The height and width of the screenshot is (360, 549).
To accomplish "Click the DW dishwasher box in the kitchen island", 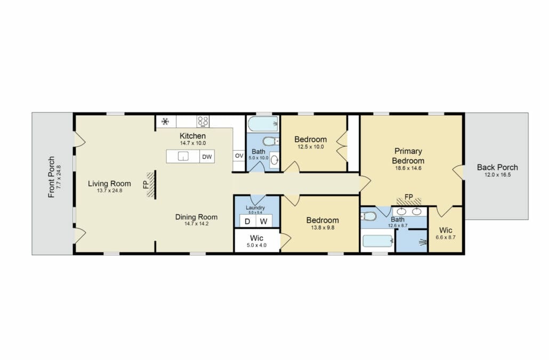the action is pyautogui.click(x=207, y=157).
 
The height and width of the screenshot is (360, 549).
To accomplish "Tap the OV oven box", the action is pyautogui.click(x=239, y=156).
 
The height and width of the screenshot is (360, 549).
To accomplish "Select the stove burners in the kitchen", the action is pyautogui.click(x=203, y=121).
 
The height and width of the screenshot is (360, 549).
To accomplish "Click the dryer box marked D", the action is pyautogui.click(x=247, y=221).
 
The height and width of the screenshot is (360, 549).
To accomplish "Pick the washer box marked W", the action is pyautogui.click(x=264, y=221).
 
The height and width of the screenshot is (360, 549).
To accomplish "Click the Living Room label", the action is pyautogui.click(x=109, y=184).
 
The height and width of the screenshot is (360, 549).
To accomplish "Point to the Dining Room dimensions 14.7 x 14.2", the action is pyautogui.click(x=197, y=224).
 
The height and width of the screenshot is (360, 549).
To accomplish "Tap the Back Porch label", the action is pyautogui.click(x=497, y=167).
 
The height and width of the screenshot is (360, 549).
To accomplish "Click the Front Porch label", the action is pyautogui.click(x=52, y=177).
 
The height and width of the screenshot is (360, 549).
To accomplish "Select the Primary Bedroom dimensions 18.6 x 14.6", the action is pyautogui.click(x=408, y=168).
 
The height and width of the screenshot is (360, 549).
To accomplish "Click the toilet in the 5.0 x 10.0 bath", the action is pyautogui.click(x=270, y=141).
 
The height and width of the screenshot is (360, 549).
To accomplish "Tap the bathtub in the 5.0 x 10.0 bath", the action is pyautogui.click(x=263, y=124).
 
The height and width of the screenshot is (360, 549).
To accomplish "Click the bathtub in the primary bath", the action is pyautogui.click(x=378, y=241).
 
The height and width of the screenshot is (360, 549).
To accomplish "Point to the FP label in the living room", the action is pyautogui.click(x=146, y=185).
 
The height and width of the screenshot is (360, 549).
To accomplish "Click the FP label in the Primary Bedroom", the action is pyautogui.click(x=409, y=197).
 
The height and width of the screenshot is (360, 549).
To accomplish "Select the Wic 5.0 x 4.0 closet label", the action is pyautogui.click(x=256, y=238).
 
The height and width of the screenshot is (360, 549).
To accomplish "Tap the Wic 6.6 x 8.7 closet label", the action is pyautogui.click(x=446, y=230).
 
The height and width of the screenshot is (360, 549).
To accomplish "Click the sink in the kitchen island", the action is pyautogui.click(x=183, y=157).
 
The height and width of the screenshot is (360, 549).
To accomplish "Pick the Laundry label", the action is pyautogui.click(x=255, y=208).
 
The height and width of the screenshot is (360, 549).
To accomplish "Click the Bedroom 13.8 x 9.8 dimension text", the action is pyautogui.click(x=322, y=228).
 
